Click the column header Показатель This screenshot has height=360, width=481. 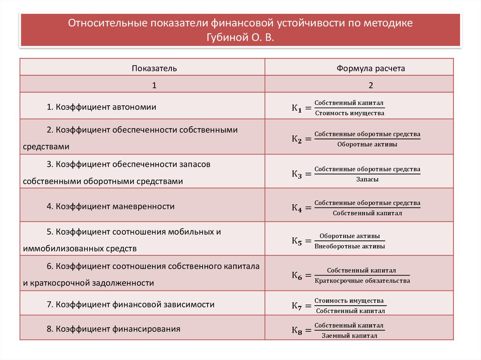154,69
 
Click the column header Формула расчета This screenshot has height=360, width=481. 370,69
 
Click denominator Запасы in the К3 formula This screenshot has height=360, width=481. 367,179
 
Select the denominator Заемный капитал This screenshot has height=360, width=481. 349,336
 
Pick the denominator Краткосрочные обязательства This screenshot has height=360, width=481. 362,281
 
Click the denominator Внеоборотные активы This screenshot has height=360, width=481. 349,246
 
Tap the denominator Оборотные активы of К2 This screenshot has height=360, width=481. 367,145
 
